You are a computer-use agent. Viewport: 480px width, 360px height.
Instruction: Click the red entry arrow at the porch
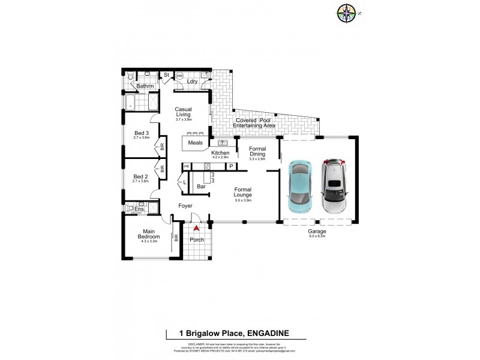pos(196,229)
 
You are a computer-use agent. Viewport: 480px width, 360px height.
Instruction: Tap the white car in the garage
pos(334,187)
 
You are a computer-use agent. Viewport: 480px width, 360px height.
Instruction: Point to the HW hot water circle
pos(179,76)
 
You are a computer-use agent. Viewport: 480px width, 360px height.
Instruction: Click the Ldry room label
pos(193,81)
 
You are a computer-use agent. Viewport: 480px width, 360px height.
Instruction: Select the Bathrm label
pos(145,86)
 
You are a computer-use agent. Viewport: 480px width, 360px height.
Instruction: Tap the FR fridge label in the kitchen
pos(186,166)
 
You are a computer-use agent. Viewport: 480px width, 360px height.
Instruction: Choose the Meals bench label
pos(195,143)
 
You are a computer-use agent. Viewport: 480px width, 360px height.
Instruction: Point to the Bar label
pos(202,187)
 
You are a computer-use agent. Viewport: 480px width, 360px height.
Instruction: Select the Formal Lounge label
pos(243,193)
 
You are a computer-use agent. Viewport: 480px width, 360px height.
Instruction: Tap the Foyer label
pos(185,206)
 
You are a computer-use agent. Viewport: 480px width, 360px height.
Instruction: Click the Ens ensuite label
pos(139,209)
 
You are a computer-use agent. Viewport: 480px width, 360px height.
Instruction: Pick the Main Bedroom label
pos(149,234)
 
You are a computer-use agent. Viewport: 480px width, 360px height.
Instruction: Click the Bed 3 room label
pos(141,133)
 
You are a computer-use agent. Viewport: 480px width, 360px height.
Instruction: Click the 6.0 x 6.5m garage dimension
pos(317,236)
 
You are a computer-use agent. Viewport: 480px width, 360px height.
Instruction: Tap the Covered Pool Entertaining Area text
pos(254,123)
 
